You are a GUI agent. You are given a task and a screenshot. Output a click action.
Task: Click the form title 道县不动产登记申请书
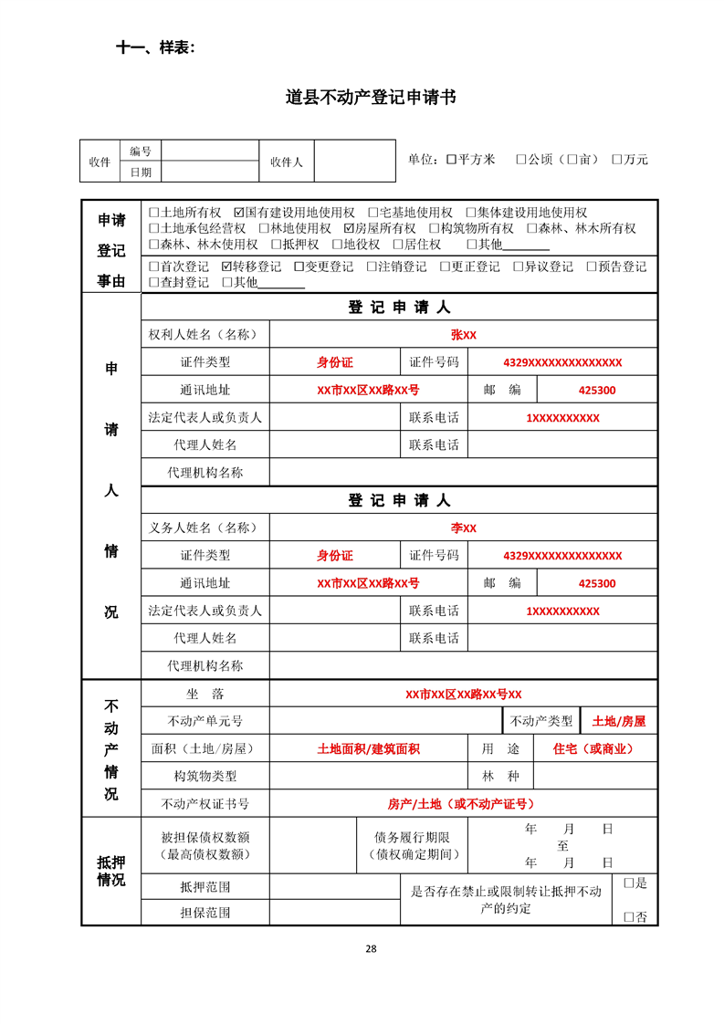(370, 98)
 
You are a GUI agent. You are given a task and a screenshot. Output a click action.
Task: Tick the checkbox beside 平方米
(451, 160)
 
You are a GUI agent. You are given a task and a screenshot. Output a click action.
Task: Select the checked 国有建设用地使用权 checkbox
(238, 213)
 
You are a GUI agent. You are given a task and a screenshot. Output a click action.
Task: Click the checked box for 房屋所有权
(349, 229)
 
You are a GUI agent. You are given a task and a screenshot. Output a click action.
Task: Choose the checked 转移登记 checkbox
(226, 267)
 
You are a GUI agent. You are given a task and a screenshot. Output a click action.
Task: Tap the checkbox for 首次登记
(153, 267)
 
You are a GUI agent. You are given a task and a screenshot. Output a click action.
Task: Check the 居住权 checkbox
(397, 245)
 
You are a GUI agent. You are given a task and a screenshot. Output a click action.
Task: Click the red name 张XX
(463, 335)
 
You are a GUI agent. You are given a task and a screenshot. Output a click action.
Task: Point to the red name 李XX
(463, 528)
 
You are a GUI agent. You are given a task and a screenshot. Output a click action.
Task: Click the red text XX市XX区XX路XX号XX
(463, 695)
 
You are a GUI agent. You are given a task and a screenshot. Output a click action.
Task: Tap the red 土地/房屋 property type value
(618, 721)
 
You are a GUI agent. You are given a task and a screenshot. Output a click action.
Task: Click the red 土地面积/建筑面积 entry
(368, 749)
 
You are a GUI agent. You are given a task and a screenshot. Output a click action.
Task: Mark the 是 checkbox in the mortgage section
(628, 883)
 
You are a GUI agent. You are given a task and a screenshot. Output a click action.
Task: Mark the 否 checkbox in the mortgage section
(628, 916)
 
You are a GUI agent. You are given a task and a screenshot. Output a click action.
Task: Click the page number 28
(371, 948)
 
